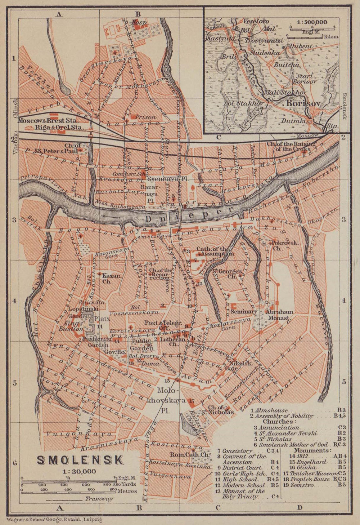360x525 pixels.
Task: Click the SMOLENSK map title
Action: click(80, 460)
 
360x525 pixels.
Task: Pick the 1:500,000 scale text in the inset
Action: click(312, 22)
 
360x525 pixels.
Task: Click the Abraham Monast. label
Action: click(279, 315)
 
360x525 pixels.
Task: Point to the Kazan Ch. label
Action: click(111, 278)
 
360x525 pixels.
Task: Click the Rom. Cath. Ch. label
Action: click(189, 454)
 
